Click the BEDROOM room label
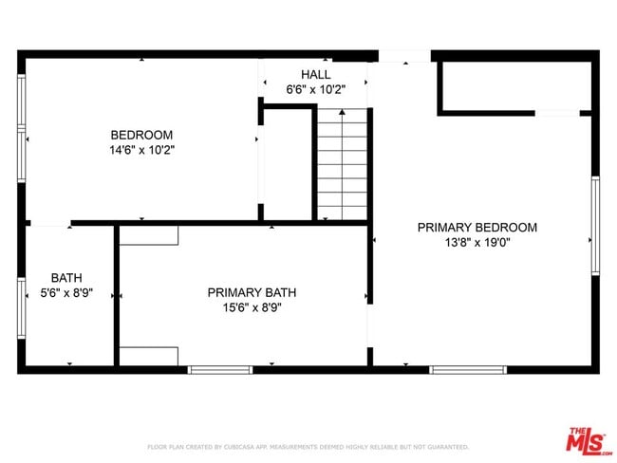(141, 135)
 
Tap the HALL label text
(315, 74)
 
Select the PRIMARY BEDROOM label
(477, 227)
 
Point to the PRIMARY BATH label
(245, 292)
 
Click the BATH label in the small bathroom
(66, 278)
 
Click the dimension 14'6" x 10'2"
(141, 150)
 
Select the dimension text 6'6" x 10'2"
(315, 89)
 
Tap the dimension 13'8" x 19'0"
(477, 242)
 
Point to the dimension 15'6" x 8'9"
(245, 307)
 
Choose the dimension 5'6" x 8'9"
(66, 293)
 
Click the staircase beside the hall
(342, 163)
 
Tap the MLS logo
(589, 441)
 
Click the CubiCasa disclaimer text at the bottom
(308, 446)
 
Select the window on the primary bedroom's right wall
(595, 226)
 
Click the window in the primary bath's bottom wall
(219, 368)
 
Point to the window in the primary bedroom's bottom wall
(468, 368)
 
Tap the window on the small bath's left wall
(21, 308)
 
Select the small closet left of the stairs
(288, 163)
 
